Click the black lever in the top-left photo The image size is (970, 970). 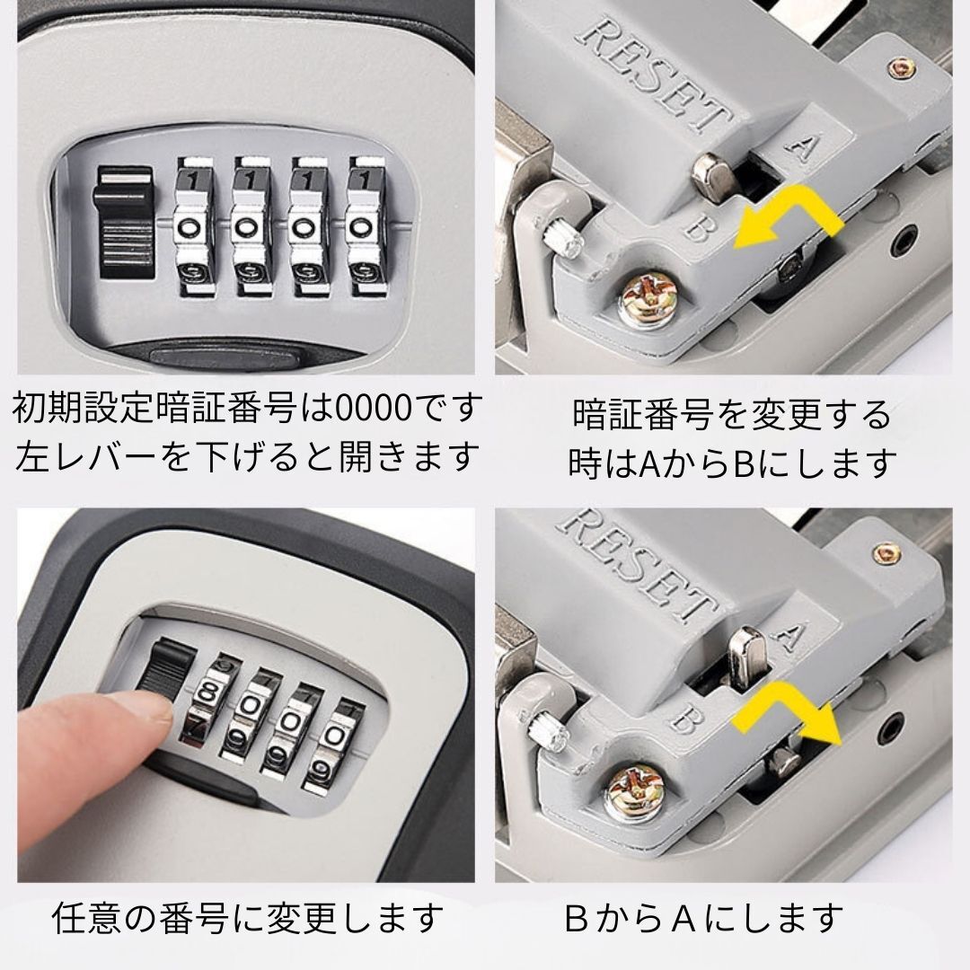pos(124,222)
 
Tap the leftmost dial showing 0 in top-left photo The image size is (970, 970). pos(194,226)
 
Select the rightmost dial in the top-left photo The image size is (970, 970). pos(365,226)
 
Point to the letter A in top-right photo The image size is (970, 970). pos(803,146)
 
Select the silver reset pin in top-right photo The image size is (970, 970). pos(711,176)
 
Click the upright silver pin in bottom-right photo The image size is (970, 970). pos(746,657)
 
